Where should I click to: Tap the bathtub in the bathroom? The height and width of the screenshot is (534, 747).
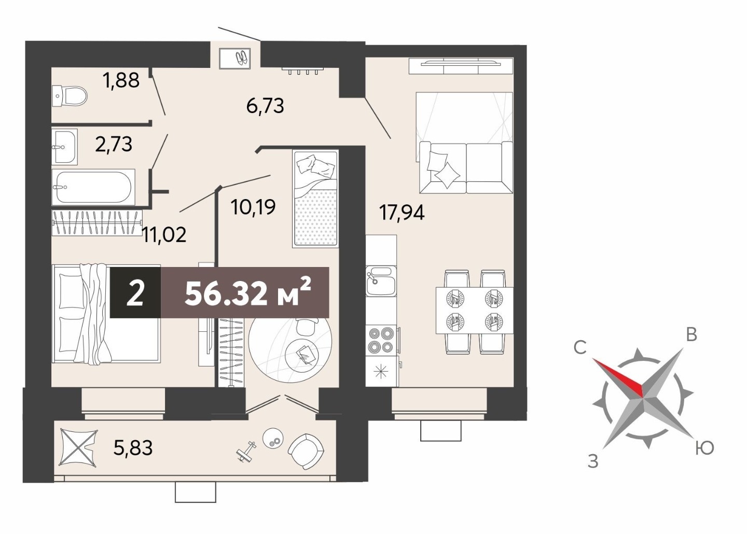pos(93,187)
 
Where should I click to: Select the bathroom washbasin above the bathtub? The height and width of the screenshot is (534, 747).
pos(65,147)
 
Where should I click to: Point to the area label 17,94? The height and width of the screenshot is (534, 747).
pos(402,213)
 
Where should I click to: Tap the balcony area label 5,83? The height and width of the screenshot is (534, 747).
pos(133,447)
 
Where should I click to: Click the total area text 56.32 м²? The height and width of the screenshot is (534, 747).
pos(248,292)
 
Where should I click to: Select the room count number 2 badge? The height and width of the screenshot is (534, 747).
pos(135,293)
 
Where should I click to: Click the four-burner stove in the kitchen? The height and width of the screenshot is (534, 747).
pos(381,340)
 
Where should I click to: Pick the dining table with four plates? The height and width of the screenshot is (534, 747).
pos(475,311)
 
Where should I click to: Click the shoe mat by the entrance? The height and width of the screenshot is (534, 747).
pos(235,59)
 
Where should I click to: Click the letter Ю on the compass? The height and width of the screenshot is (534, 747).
pos(704,448)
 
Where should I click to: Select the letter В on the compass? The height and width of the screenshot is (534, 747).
pos(691,335)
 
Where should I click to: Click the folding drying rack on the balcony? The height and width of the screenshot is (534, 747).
pos(78,447)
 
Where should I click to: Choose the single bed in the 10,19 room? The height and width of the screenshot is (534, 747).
pos(315,199)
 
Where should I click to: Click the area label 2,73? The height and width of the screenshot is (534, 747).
pos(114,145)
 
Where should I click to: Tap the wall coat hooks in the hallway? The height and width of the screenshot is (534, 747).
pos(303,71)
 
